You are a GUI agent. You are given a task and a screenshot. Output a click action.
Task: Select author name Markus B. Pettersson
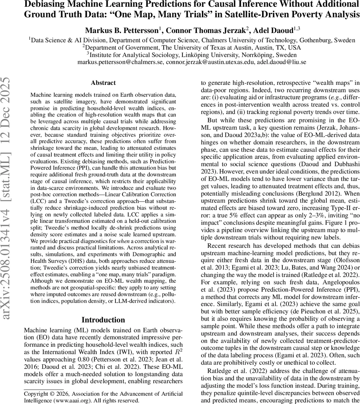pos(123,31)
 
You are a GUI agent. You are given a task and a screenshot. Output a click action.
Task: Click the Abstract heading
pos(103,83)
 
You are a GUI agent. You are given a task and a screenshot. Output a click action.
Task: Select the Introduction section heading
pos(103,320)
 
